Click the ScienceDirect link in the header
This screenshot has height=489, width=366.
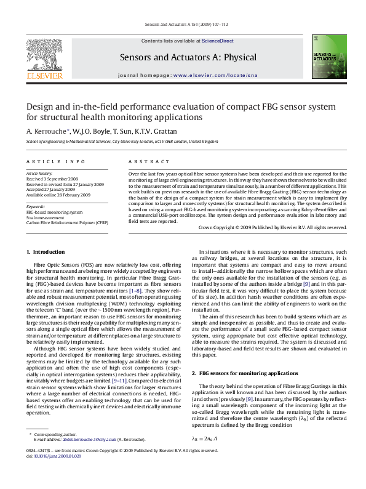218,41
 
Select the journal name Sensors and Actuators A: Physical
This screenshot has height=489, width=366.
188,57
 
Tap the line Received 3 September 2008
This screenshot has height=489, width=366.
52,179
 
